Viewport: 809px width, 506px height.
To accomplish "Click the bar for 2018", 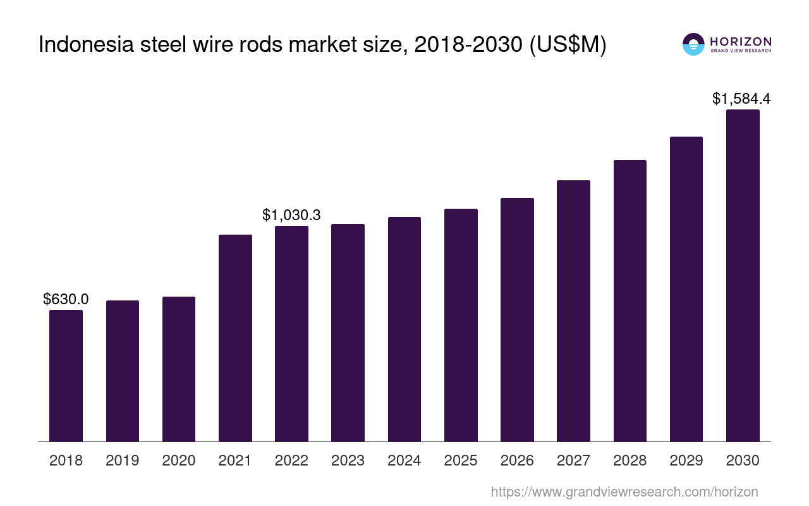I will (66, 376).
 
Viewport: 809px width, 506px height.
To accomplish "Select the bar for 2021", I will (235, 338).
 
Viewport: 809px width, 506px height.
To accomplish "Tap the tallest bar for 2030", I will (743, 276).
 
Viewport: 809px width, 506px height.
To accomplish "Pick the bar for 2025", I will (461, 325).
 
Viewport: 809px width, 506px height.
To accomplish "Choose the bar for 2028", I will (630, 300).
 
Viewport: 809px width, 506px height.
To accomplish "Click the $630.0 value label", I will (66, 299).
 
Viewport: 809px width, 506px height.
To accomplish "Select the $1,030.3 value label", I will (291, 215).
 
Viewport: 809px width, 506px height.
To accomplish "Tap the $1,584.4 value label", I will (741, 99).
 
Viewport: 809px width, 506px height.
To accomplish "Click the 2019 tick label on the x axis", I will (122, 460).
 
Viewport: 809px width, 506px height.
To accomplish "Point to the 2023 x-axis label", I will (348, 460).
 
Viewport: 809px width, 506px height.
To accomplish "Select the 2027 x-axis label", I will (573, 460).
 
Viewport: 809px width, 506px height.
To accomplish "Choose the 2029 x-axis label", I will (686, 460).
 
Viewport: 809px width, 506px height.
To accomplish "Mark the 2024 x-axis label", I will (404, 460).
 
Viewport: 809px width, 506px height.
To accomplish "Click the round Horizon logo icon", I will (693, 44).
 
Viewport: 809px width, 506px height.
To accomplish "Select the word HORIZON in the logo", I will (741, 41).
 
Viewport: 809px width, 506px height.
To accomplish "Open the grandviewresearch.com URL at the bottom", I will (624, 491).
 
